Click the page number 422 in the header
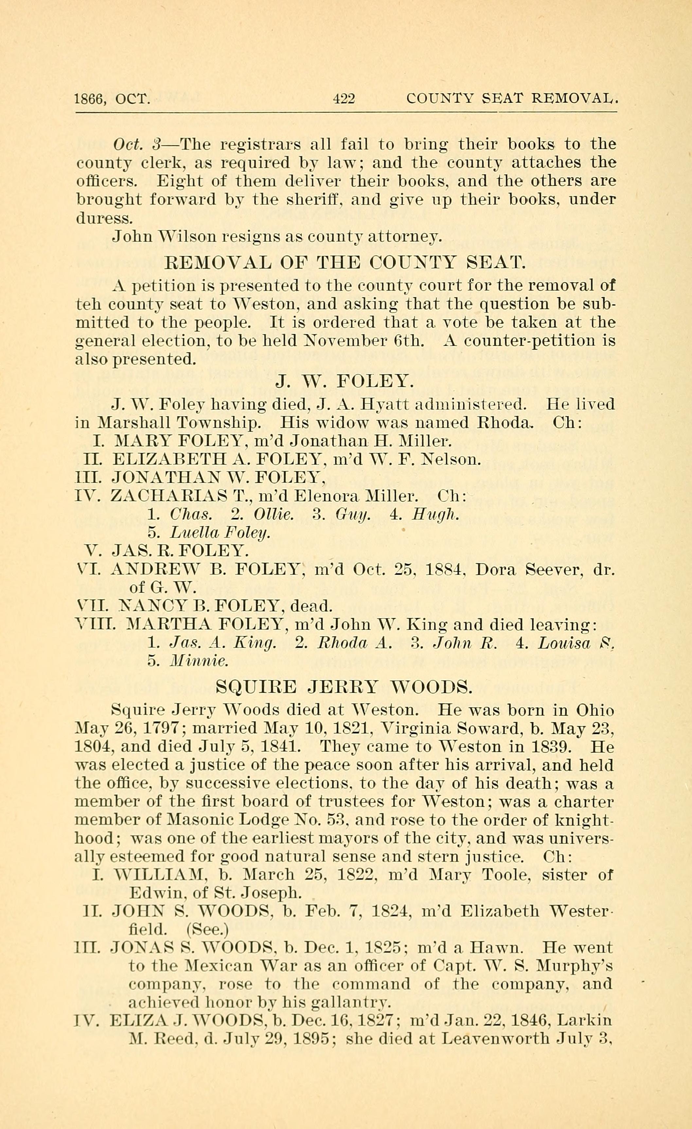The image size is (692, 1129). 344,98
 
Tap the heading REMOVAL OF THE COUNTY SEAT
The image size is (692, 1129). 343,263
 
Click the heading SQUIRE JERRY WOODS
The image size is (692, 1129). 343,686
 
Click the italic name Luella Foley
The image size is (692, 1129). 220,532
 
